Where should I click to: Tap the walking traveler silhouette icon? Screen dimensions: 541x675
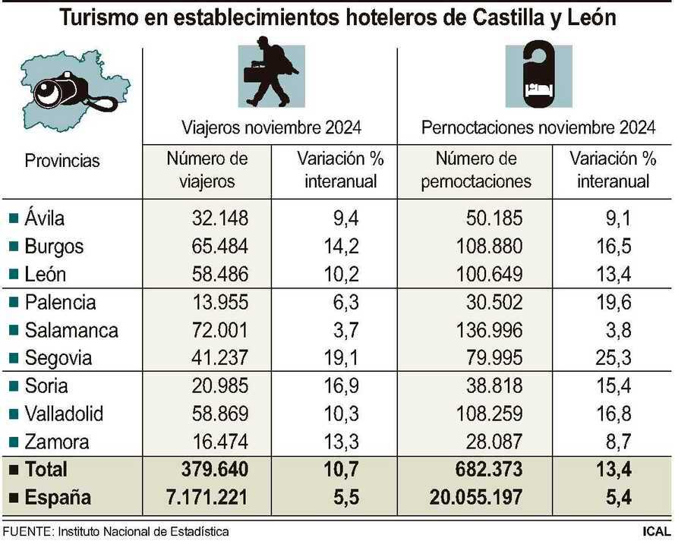click(270, 77)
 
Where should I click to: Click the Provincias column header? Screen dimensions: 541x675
click(62, 161)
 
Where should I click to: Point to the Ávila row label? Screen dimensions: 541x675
click(45, 219)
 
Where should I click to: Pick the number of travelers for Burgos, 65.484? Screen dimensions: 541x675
click(219, 247)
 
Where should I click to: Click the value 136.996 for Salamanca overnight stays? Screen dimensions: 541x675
click(486, 330)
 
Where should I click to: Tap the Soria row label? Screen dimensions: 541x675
click(46, 385)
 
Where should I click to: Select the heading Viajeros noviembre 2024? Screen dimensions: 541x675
click(270, 127)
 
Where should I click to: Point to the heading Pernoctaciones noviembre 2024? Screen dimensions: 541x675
click(538, 127)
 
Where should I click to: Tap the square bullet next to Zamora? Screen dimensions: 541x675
click(14, 442)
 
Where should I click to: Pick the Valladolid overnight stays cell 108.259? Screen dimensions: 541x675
click(486, 414)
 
